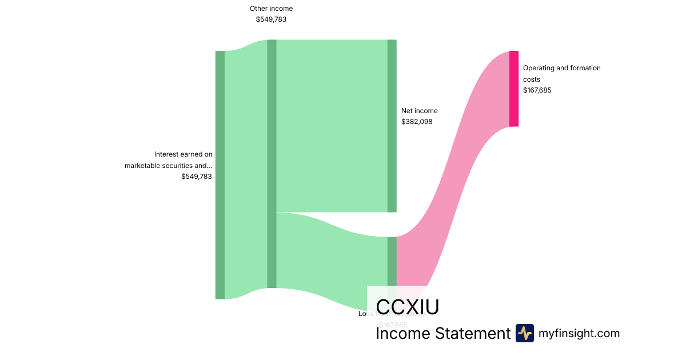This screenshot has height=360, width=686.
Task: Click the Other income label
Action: [x=271, y=9]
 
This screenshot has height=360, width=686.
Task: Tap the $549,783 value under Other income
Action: [x=271, y=19]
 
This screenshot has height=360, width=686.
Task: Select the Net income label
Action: [x=419, y=111]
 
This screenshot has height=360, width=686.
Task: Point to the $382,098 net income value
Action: [x=417, y=121]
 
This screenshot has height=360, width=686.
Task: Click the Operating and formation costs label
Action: [x=561, y=73]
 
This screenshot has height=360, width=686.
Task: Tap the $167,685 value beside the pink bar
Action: [x=537, y=90]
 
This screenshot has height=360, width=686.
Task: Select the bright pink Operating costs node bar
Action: [x=514, y=89]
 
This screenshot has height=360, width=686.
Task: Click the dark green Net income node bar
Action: [x=392, y=126]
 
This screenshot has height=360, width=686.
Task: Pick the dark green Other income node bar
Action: [x=272, y=163]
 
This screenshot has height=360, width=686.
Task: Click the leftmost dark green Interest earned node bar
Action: [x=220, y=174]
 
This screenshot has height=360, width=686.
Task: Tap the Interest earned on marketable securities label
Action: [x=169, y=160]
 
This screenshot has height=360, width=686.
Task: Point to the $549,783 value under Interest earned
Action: [x=196, y=177]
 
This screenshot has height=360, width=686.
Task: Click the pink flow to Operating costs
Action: [x=457, y=171]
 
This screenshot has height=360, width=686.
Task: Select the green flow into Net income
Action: [x=332, y=126]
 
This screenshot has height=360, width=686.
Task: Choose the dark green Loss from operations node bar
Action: [x=392, y=261]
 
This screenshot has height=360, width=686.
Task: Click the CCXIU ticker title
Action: [x=407, y=307]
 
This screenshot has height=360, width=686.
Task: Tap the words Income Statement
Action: [x=442, y=333]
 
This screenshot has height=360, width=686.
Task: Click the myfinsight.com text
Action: [x=579, y=333]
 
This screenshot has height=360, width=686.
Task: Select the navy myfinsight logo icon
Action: [x=524, y=333]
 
